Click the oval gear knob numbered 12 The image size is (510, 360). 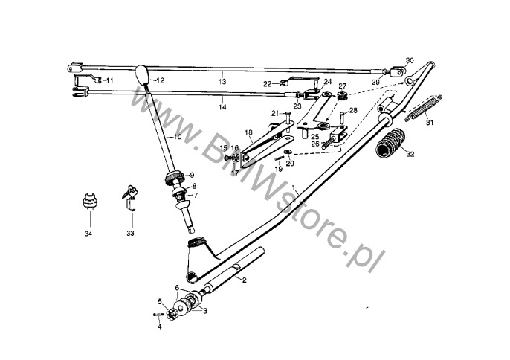point(141,74)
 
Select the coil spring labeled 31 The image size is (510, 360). point(423,109)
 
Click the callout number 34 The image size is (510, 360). point(88,234)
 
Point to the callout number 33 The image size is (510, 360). point(130,234)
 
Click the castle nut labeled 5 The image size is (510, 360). point(171,314)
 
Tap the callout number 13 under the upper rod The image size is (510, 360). point(222,81)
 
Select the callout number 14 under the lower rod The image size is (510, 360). point(222,107)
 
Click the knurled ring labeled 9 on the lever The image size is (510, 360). point(174,178)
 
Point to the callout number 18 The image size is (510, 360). point(248,132)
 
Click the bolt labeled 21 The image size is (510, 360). point(288,120)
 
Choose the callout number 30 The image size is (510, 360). point(410,60)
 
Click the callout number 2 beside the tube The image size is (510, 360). point(245,280)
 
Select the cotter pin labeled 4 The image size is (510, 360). point(159,315)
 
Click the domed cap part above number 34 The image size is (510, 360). point(90,201)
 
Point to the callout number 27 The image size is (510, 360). point(343,86)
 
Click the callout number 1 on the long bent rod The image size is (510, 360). point(294,188)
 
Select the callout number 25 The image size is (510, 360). point(315,136)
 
